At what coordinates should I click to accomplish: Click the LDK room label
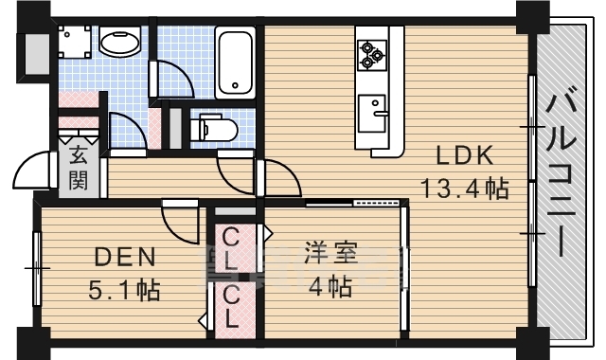pos(464,155)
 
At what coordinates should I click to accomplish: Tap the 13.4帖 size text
pos(464,189)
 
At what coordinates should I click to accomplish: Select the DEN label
pos(125,257)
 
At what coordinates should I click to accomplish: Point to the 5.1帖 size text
pos(124,290)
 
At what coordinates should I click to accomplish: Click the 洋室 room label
pos(330,253)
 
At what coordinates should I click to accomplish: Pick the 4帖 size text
pos(330,286)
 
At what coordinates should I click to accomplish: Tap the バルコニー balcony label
pos(561,171)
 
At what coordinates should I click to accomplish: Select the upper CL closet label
pos(231,248)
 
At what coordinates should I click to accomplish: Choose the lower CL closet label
pos(231,307)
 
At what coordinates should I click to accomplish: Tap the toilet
pos(214,129)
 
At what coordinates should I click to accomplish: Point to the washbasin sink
pos(120,42)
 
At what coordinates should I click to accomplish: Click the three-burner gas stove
pos(372,55)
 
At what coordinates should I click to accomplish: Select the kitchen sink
pos(372,114)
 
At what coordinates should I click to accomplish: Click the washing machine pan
pos(75,42)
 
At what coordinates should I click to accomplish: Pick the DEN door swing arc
pos(181,224)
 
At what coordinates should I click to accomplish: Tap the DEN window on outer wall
pos(37,268)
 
